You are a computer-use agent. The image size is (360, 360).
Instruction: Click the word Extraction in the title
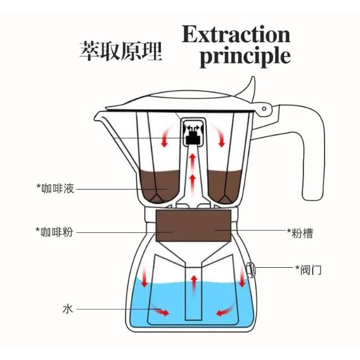coord(236,35)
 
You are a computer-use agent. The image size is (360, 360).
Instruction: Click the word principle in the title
coord(245,57)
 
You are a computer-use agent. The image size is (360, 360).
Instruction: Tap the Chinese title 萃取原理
coord(120,51)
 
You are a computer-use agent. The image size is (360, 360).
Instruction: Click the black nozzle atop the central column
coord(193,135)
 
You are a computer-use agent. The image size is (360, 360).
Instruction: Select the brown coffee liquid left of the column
coord(161,183)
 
